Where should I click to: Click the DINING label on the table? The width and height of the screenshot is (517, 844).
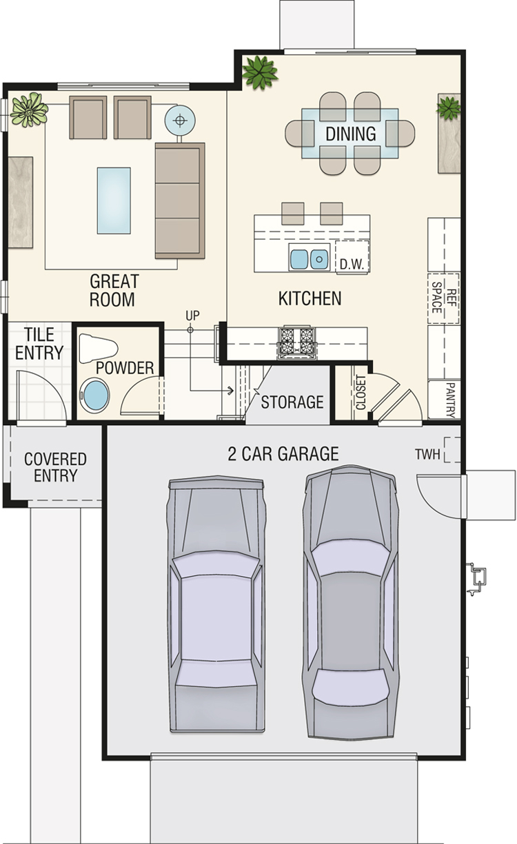(351, 134)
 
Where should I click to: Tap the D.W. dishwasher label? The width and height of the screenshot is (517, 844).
(352, 265)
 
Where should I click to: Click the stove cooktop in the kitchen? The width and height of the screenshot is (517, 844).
(296, 343)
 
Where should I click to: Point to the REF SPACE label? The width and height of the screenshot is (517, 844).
(443, 298)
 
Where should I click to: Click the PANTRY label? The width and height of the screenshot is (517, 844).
(450, 400)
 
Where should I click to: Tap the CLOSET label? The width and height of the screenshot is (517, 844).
(361, 392)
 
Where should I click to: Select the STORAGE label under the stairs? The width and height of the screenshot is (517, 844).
(292, 402)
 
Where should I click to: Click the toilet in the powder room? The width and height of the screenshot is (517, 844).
(98, 348)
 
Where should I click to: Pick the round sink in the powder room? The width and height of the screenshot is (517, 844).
(95, 395)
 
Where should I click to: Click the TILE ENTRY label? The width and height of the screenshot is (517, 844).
(39, 344)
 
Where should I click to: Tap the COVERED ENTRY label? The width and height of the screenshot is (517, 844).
(55, 467)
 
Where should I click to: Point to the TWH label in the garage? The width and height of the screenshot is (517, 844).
(427, 455)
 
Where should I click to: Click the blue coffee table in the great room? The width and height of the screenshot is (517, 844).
(114, 200)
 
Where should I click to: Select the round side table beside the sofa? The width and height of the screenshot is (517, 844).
(180, 121)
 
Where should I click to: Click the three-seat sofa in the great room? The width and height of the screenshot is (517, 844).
(180, 200)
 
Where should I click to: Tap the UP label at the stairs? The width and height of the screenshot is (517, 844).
(192, 316)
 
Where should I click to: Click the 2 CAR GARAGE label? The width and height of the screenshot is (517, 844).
(283, 453)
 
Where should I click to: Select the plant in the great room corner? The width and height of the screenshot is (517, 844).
(29, 110)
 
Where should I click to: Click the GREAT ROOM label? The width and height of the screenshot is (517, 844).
(114, 291)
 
